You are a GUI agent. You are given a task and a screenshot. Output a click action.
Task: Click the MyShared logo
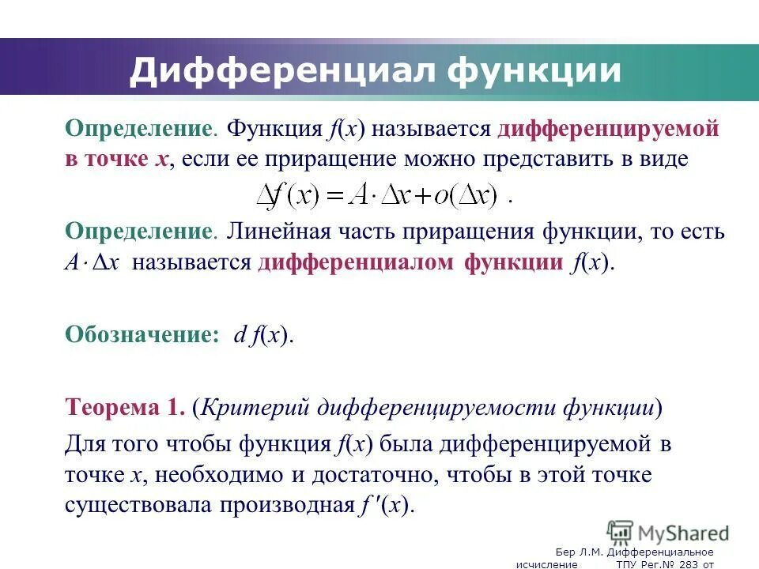pos(668,533)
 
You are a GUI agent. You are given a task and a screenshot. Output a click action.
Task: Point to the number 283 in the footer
pos(686,563)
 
